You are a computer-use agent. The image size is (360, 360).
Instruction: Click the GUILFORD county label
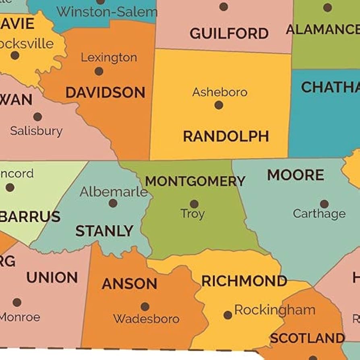229,33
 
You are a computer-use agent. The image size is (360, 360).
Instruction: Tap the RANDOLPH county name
226,137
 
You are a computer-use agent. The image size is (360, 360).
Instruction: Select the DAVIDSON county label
105,93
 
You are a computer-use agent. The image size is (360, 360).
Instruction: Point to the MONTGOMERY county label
195,181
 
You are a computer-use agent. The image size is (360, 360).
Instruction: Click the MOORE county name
296,175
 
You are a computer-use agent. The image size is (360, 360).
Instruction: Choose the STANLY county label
104,231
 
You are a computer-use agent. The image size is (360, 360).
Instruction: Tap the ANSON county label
129,284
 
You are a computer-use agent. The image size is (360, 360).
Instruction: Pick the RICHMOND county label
244,281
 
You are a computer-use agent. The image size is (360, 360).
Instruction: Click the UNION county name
52,277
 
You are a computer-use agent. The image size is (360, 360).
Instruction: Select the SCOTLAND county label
307,338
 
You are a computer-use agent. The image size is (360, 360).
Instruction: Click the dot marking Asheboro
219,105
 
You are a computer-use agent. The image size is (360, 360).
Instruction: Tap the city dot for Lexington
99,71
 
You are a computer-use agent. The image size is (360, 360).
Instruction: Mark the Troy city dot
194,204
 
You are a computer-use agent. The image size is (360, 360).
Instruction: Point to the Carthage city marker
324,204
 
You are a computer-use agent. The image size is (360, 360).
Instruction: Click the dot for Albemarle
113,203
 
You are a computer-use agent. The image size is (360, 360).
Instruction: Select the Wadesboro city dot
145,307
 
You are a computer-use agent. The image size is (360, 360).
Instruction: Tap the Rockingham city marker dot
228,315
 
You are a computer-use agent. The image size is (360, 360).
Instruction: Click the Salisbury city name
36,131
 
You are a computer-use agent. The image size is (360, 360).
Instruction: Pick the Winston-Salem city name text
107,12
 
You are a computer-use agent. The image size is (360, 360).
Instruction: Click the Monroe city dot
17,302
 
